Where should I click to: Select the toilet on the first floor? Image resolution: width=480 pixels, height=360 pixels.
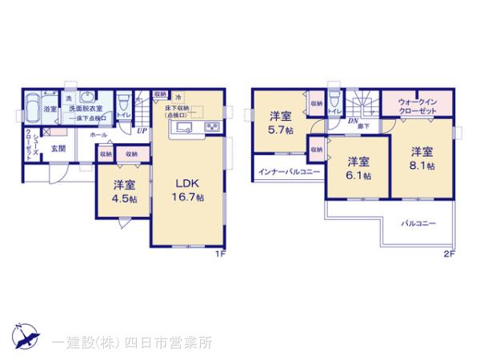[x=123, y=104]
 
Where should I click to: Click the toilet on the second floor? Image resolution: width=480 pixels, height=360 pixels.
[x=334, y=102]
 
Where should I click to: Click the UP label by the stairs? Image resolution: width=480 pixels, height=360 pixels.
[x=142, y=130]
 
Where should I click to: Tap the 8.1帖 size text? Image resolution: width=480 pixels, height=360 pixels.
[x=422, y=166]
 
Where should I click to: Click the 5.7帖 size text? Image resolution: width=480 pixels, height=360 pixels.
[x=282, y=131]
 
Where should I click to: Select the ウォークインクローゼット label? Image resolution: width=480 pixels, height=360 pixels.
[x=417, y=106]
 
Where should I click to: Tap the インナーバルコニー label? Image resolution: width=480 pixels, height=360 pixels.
[x=288, y=172]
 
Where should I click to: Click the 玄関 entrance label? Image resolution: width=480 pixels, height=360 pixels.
[x=58, y=149]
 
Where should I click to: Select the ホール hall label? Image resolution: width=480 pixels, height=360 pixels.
[x=98, y=135]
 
